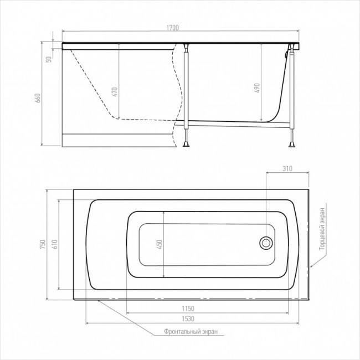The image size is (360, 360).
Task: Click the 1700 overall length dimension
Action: coord(172,28)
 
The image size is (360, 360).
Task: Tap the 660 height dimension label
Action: coord(38,98)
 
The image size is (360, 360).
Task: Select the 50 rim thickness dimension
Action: coord(49,59)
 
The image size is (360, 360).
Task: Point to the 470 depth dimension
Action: coord(115,92)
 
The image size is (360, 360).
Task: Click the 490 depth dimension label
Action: coord(257,88)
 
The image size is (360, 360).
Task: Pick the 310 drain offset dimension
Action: coord(287,169)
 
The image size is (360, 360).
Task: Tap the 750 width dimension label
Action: coord(43,244)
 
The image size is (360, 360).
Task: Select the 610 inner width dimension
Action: coord(54,244)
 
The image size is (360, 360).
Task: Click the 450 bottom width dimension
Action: coord(160,244)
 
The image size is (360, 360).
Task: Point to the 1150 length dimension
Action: coord(188,308)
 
